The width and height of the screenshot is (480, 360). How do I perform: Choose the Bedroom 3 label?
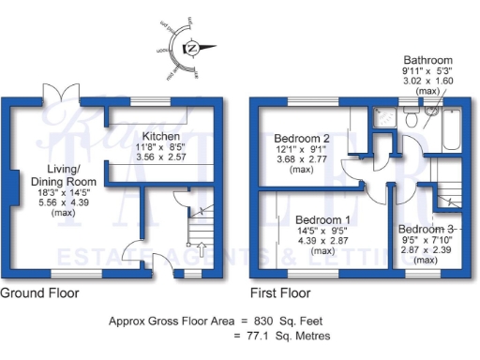point(425,229)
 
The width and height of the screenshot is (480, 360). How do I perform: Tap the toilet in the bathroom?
point(410,115)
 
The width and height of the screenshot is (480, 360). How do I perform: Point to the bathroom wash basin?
point(430,113)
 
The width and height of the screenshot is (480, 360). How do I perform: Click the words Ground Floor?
point(39,292)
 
